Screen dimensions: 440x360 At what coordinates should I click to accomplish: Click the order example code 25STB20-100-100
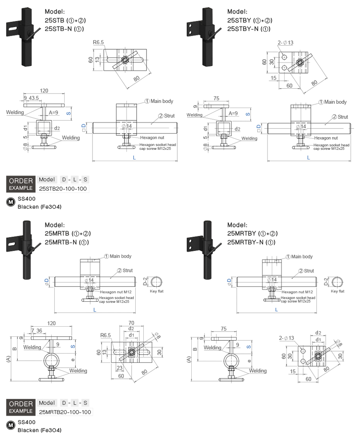tap(63, 189)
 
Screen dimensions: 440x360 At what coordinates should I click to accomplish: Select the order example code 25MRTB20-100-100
tap(65, 412)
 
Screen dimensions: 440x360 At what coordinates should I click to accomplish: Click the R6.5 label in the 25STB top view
tap(98, 43)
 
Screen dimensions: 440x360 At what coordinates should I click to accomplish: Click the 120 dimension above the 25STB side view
tap(44, 91)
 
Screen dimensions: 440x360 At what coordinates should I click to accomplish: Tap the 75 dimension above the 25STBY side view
tap(217, 98)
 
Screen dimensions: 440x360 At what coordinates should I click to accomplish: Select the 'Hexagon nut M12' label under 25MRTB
tap(115, 292)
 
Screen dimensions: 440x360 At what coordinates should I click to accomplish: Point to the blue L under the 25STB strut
tap(134, 157)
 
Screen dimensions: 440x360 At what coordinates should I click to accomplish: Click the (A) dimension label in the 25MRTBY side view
tap(189, 359)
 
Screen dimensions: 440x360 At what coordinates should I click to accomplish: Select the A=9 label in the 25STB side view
tap(54, 113)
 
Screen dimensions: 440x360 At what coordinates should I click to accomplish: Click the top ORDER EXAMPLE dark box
tap(21, 184)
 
